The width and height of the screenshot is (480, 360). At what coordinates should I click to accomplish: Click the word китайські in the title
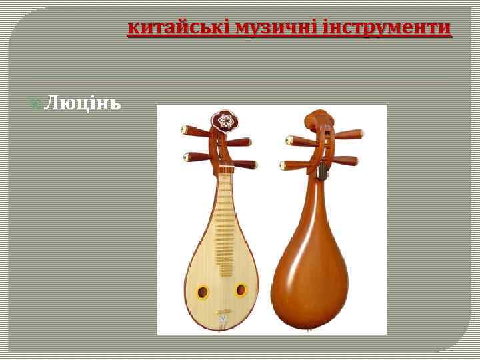click(168, 28)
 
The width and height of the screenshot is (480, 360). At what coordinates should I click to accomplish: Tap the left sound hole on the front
click(202, 291)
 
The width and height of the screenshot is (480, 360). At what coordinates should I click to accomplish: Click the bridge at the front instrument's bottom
click(223, 313)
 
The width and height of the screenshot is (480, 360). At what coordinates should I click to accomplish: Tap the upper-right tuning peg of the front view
click(242, 141)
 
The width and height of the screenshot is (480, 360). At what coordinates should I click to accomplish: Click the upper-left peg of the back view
click(297, 140)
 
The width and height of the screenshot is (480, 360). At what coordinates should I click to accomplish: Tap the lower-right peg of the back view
click(347, 161)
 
